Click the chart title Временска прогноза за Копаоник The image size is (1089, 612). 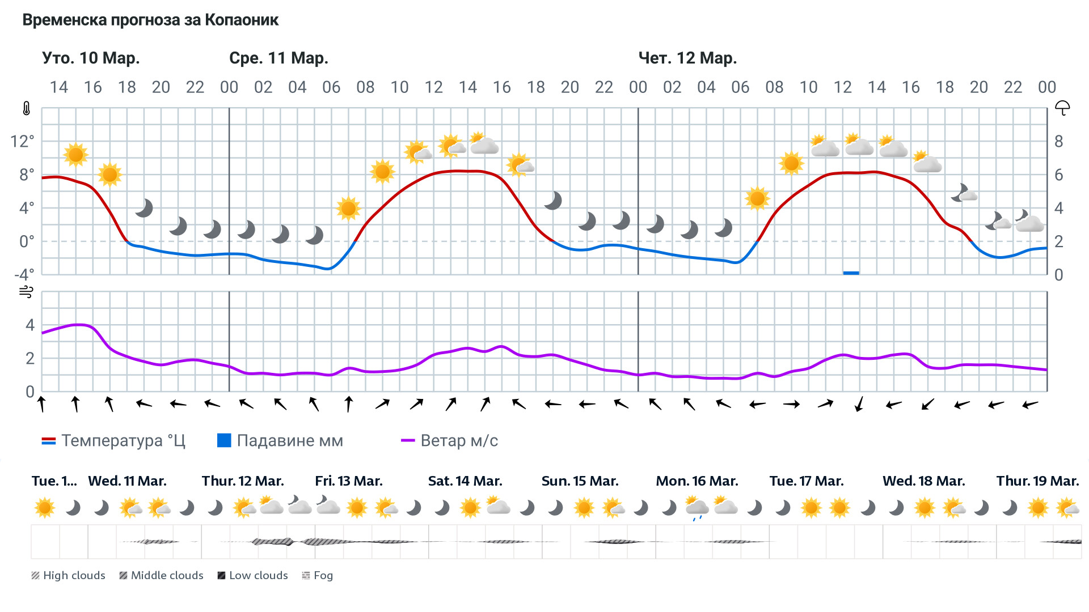pyautogui.click(x=150, y=20)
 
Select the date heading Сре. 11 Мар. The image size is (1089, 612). pyautogui.click(x=278, y=58)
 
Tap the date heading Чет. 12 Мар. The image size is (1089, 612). pyautogui.click(x=687, y=58)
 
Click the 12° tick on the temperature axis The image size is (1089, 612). pyautogui.click(x=23, y=141)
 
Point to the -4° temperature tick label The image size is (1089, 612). pyautogui.click(x=24, y=275)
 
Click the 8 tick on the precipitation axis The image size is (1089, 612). pyautogui.click(x=1058, y=141)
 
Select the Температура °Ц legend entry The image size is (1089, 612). pyautogui.click(x=113, y=441)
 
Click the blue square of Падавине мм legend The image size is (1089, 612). pyautogui.click(x=224, y=440)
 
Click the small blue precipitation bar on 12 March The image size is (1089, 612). pyautogui.click(x=851, y=273)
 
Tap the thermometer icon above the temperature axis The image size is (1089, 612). pyautogui.click(x=26, y=108)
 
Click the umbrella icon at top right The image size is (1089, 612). pyautogui.click(x=1062, y=108)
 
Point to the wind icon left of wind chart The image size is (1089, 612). pyautogui.click(x=26, y=292)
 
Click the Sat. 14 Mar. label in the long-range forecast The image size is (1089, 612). pyautogui.click(x=465, y=481)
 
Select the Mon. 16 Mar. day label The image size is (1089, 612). pyautogui.click(x=697, y=481)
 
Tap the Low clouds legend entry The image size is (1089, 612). pyautogui.click(x=253, y=576)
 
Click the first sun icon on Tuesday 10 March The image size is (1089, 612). pyautogui.click(x=75, y=154)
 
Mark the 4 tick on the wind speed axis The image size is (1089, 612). pyautogui.click(x=30, y=325)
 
